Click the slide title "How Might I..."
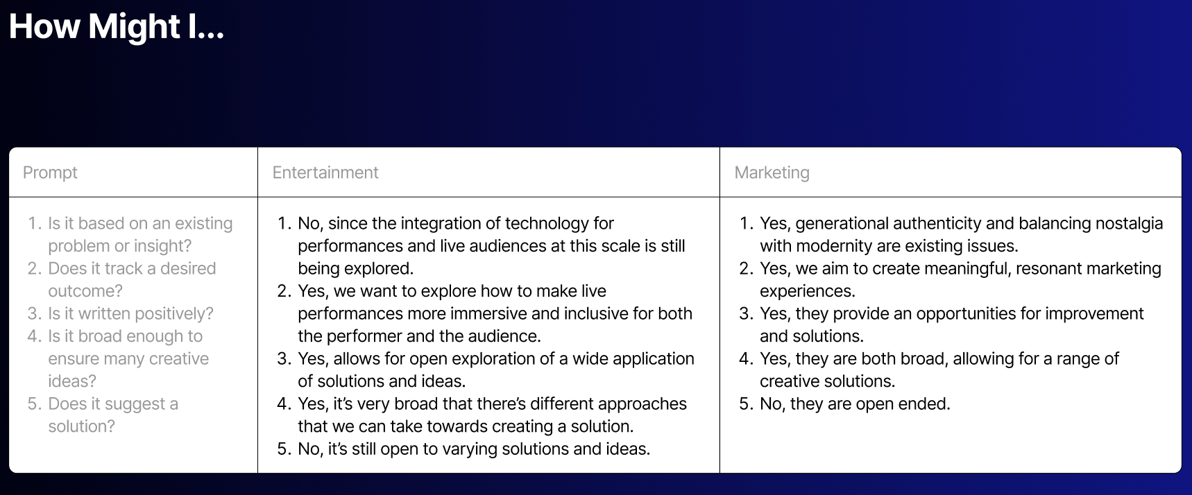pos(117,27)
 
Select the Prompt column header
pos(50,173)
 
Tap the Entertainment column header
pos(325,173)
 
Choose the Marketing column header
pos(772,173)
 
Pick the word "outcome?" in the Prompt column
pos(85,291)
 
